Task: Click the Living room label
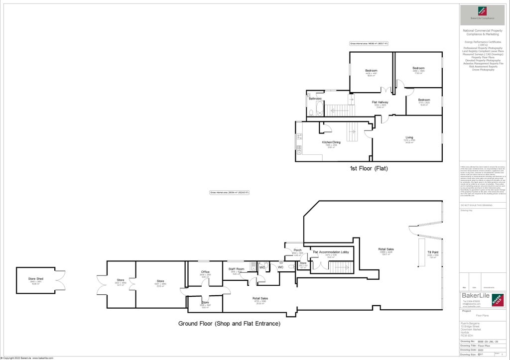[409, 137]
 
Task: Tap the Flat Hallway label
[380, 103]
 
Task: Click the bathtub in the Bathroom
[317, 108]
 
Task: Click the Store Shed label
[35, 279]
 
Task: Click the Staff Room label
[236, 269]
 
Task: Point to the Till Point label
[432, 252]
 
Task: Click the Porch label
[297, 250]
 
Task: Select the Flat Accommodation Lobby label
[331, 252]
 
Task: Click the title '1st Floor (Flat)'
[368, 169]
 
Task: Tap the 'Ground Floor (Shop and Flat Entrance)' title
[229, 324]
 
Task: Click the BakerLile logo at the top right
[482, 11]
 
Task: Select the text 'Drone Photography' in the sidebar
[483, 70]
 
